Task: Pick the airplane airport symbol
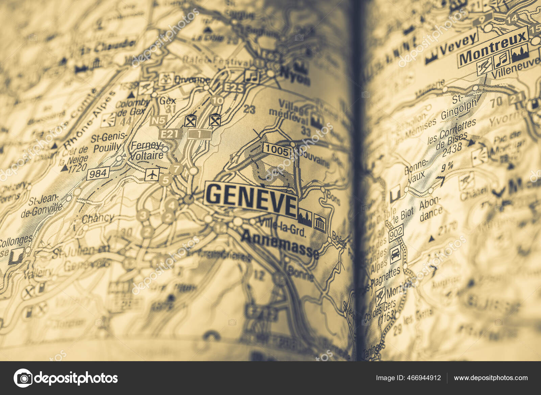coord(152,175)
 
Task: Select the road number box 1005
coord(276,150)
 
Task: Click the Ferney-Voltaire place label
coord(147,151)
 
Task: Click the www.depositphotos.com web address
coord(490,378)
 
